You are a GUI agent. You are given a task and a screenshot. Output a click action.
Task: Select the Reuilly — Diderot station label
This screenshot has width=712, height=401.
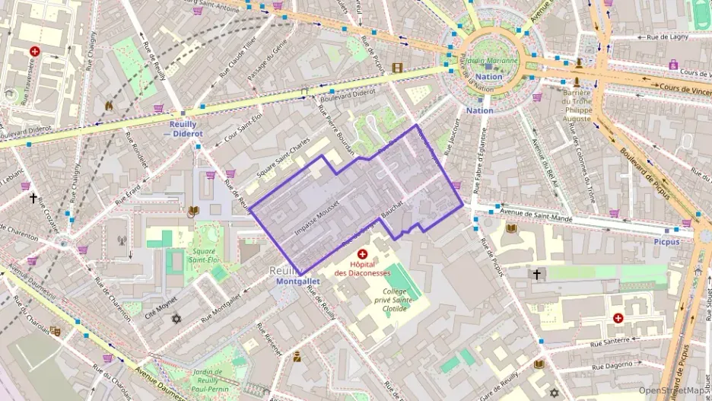pos(178,129)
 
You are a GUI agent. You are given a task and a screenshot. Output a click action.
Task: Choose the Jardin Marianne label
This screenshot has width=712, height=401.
pos(491,61)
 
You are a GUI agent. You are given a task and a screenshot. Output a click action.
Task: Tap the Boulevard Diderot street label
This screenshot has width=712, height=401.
pos(348,94)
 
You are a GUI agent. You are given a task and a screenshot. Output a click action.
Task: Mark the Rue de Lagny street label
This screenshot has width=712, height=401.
pos(667,36)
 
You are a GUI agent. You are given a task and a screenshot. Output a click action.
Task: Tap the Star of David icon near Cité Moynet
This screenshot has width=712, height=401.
pos(177,318)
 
